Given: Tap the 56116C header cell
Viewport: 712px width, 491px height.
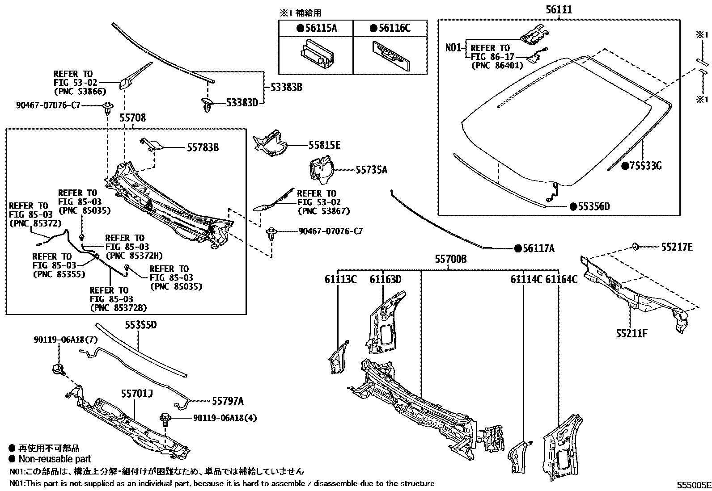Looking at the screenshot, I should tap(390, 29).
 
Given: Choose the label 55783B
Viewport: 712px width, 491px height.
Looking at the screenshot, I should tap(200, 147).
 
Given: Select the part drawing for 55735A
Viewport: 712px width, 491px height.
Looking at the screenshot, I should tap(321, 169).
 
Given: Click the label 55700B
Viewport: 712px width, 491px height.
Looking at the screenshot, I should tap(451, 259).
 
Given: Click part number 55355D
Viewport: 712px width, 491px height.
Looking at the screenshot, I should tap(140, 325).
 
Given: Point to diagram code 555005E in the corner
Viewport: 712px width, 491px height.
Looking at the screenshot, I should tap(693, 485).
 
